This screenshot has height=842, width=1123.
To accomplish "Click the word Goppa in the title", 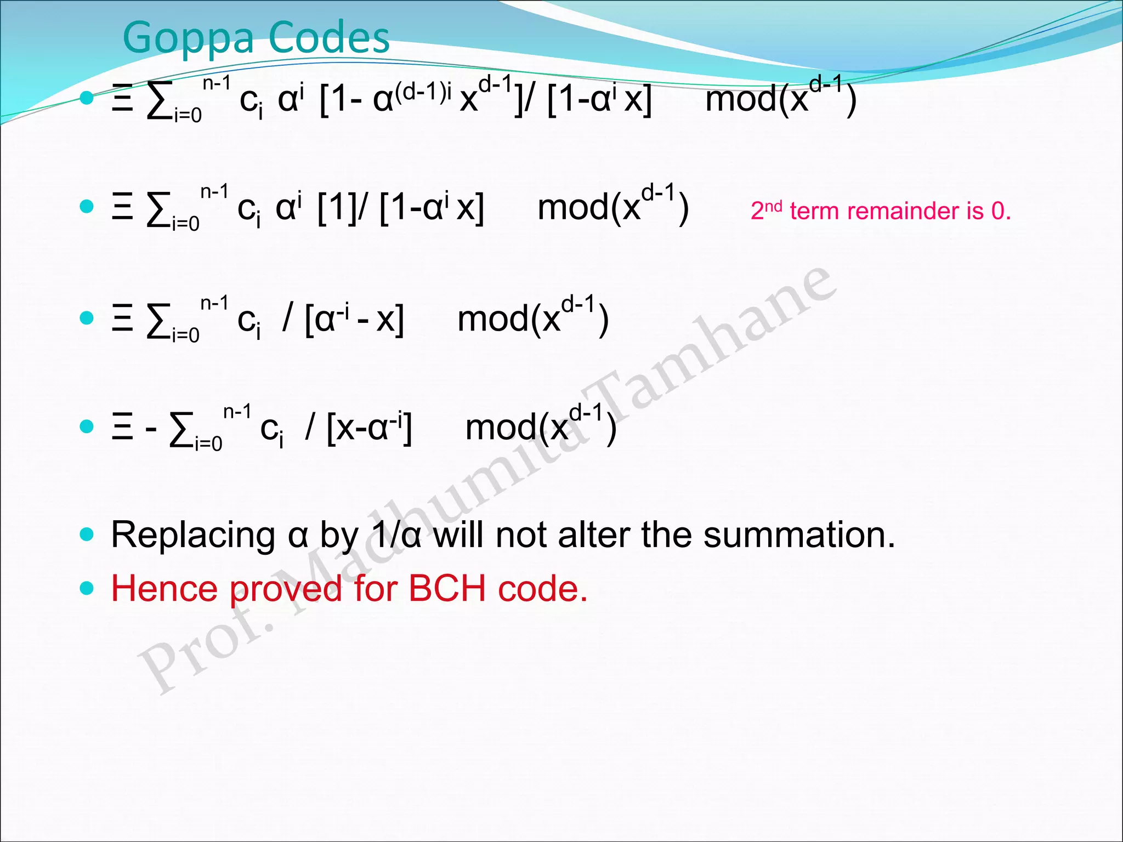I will (x=188, y=38).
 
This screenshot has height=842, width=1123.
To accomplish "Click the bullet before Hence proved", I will (x=87, y=588).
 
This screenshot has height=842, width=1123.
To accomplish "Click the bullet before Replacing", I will (x=87, y=534).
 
